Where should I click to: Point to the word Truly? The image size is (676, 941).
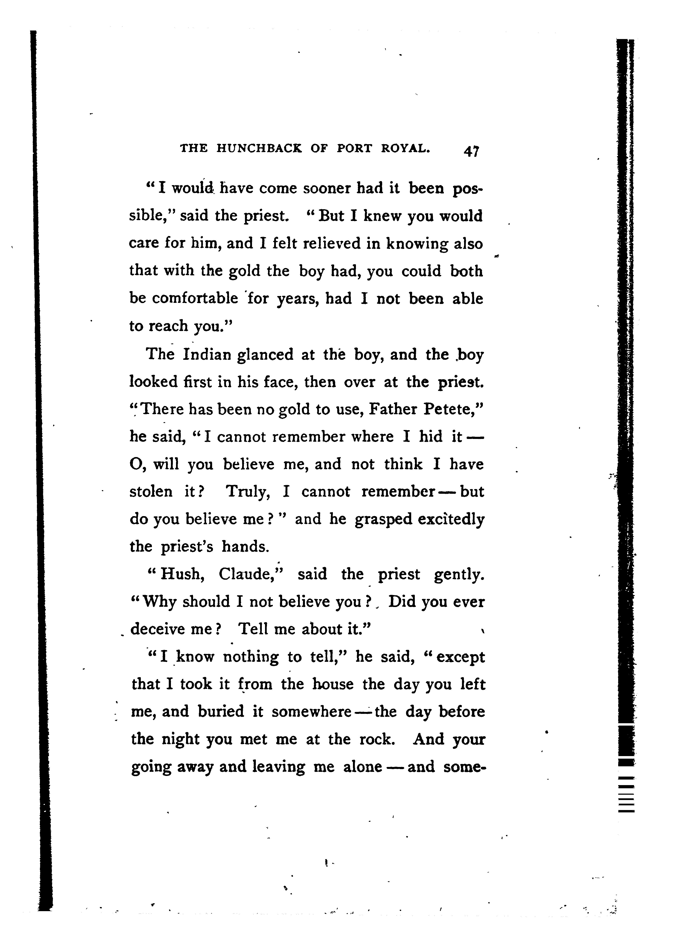pyautogui.click(x=248, y=492)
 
